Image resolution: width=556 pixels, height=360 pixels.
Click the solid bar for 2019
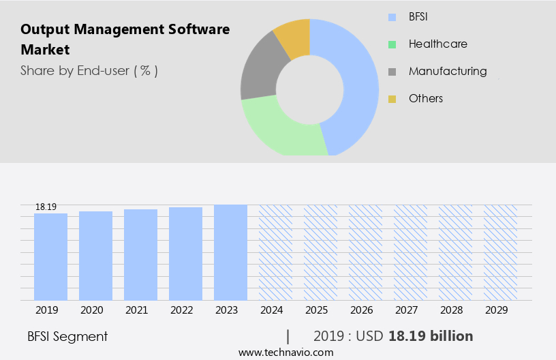click(50, 256)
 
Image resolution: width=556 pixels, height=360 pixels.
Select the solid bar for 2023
click(230, 252)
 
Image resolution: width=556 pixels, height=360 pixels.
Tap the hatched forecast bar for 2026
click(365, 252)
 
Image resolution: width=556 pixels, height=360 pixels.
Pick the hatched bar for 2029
click(500, 252)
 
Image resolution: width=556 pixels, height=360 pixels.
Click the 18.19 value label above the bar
click(46, 207)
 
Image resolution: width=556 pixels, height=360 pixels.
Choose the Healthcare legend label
click(437, 44)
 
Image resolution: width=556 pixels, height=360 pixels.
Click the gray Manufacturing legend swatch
click(392, 72)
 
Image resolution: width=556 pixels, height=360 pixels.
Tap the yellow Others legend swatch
click(392, 99)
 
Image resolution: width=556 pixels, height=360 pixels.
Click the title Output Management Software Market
click(125, 39)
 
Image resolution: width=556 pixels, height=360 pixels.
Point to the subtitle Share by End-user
click(89, 70)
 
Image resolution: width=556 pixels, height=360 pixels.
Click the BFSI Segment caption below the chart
click(67, 336)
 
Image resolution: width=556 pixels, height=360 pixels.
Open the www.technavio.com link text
click(285, 352)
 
